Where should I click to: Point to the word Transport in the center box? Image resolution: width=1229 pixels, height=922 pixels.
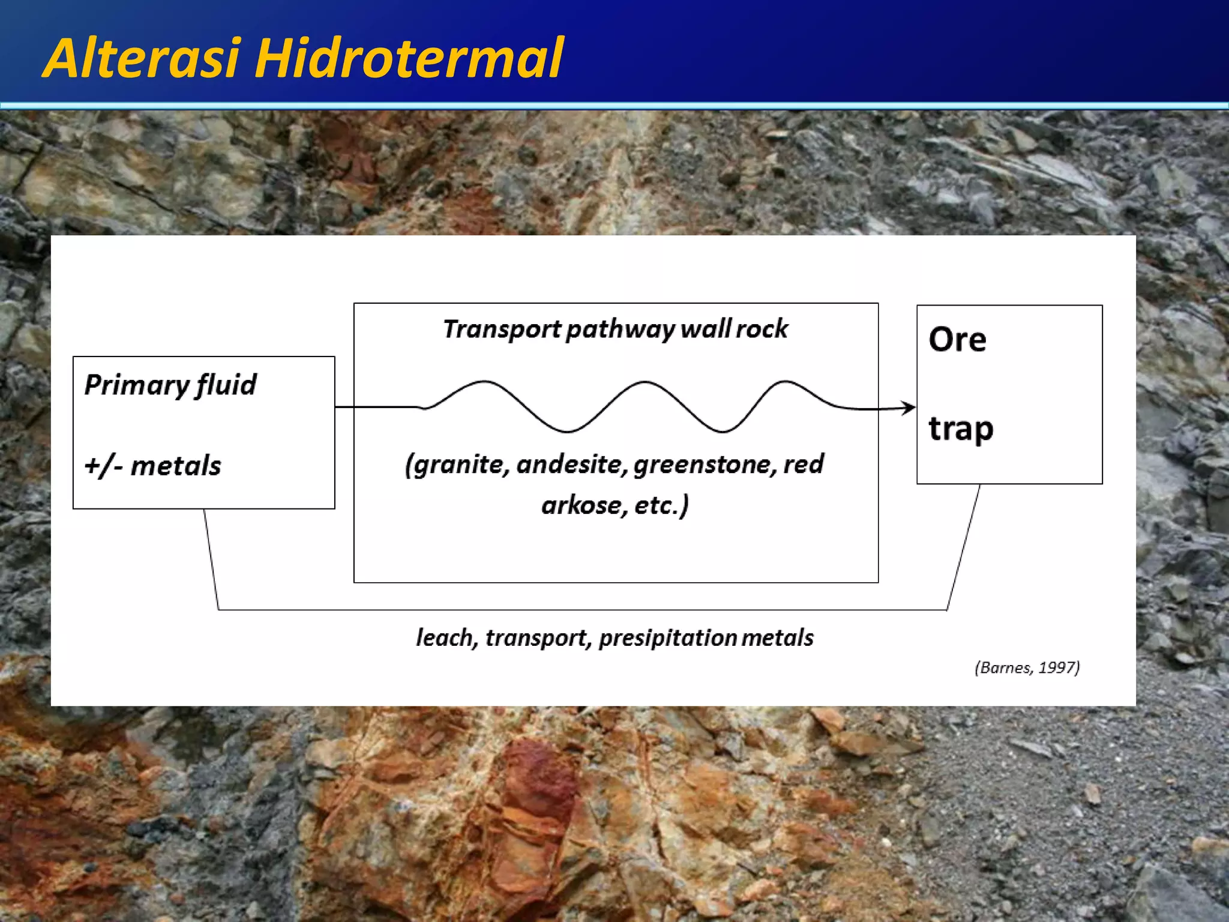click(x=501, y=330)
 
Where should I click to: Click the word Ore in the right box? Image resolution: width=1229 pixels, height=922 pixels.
click(x=957, y=340)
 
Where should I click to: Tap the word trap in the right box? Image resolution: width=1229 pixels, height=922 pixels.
click(x=961, y=430)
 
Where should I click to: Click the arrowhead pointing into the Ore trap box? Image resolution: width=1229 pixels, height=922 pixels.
click(x=910, y=408)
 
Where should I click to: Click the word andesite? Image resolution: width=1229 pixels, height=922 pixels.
click(x=571, y=465)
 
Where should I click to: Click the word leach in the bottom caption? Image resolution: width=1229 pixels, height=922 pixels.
click(x=445, y=638)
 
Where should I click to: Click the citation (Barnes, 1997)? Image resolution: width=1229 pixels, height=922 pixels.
click(x=1027, y=668)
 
